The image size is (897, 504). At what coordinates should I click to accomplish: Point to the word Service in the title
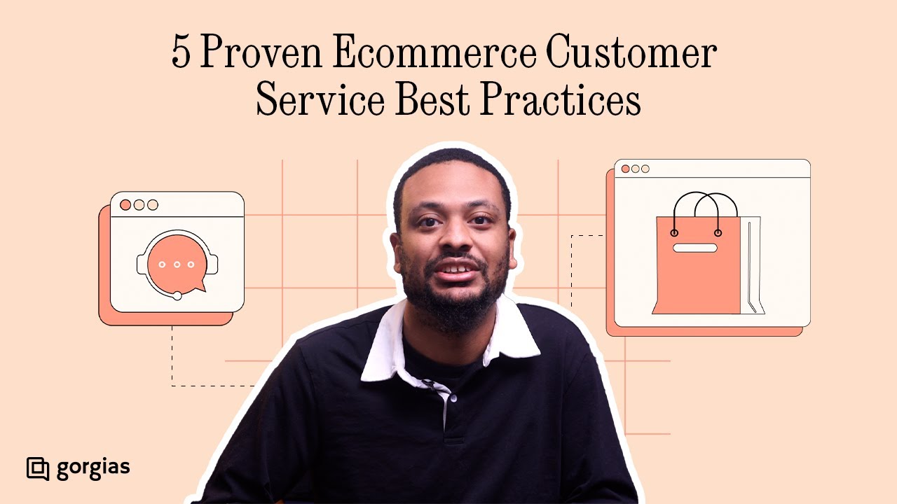click(320, 101)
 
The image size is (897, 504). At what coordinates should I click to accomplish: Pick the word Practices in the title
click(561, 101)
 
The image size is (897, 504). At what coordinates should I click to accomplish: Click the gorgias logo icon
click(37, 468)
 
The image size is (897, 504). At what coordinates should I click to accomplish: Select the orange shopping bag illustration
click(698, 266)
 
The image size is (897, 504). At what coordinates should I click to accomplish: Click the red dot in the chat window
click(125, 205)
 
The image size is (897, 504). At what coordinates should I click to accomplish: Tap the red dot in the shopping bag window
click(625, 169)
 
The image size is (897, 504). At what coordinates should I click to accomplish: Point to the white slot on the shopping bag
click(694, 248)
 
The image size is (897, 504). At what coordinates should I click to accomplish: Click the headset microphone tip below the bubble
click(177, 296)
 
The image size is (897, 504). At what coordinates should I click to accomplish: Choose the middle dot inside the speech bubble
click(177, 265)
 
